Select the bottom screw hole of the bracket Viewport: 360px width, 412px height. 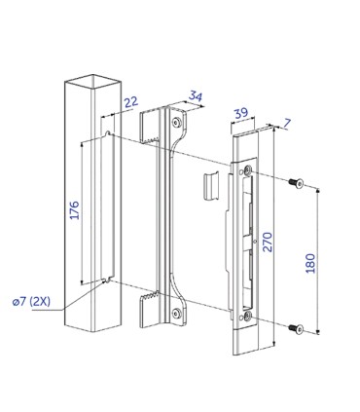176,312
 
